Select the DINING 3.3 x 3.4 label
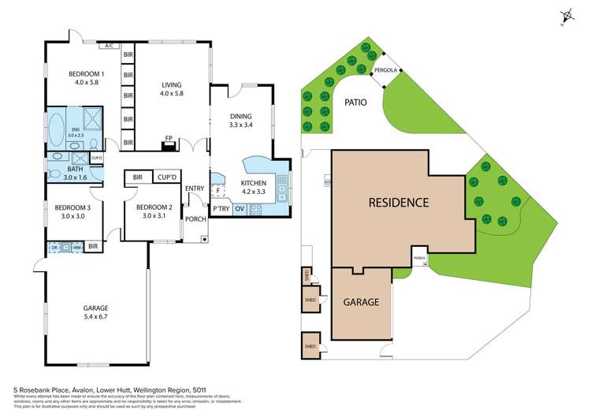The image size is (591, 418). [x=241, y=116]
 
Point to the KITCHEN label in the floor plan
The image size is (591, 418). [x=254, y=183]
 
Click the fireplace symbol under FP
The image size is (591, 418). [x=167, y=144]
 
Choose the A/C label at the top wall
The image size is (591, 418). [x=109, y=46]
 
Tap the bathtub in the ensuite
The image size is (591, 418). [x=57, y=126]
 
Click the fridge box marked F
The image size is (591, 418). [x=217, y=190]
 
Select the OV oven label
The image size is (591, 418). [x=240, y=209]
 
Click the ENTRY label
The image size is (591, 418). [x=194, y=188]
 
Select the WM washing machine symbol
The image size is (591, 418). [x=76, y=248]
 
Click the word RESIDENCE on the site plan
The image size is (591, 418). [x=399, y=202]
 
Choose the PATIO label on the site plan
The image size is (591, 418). [x=355, y=102]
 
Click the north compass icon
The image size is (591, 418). [x=565, y=17]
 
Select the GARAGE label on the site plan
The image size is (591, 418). [x=362, y=302]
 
